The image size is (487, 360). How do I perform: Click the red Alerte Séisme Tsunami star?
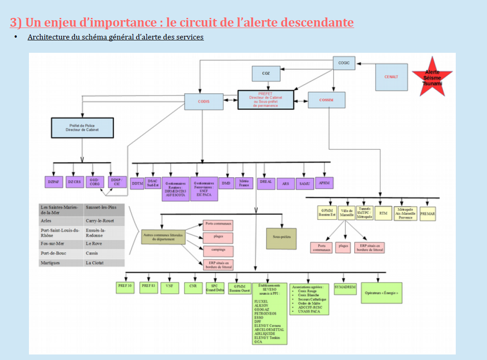tap(432, 77)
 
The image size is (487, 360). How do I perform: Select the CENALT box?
tap(391, 77)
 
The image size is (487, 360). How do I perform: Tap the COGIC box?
tap(344, 63)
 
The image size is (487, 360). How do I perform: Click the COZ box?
tap(266, 73)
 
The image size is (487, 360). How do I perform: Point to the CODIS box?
tap(204, 101)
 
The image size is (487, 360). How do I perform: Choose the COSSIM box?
tap(326, 100)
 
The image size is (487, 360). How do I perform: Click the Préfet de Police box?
tap(82, 128)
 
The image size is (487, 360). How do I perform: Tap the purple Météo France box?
tap(244, 183)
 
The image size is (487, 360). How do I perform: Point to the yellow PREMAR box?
tap(427, 214)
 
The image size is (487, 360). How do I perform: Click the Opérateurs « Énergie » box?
tap(381, 292)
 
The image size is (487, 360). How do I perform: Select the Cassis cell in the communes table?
tap(104, 253)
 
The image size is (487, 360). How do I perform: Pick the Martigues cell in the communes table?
tap(62, 263)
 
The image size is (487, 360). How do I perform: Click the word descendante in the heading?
tap(317, 22)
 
